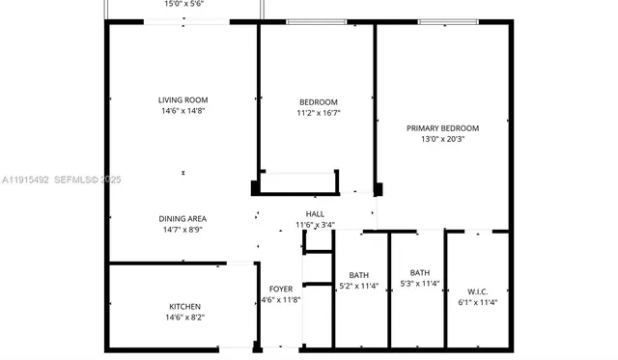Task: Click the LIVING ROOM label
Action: (x=183, y=99)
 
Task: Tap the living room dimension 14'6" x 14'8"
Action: (x=183, y=111)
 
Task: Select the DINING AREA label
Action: (x=183, y=218)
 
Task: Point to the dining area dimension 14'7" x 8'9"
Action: (x=183, y=230)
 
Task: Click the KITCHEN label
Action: (x=184, y=306)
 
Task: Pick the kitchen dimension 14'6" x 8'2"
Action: (x=184, y=318)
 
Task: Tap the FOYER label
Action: (x=280, y=289)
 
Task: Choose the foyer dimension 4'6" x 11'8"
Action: (x=280, y=300)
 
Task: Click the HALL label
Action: (x=315, y=214)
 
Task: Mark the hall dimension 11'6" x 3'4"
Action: (x=315, y=226)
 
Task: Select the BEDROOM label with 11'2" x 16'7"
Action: (x=318, y=102)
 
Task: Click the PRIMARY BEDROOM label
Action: (x=442, y=127)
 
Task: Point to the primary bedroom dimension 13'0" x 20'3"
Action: (x=442, y=139)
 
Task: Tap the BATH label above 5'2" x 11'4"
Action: (x=358, y=273)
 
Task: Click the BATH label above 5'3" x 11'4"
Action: (x=419, y=271)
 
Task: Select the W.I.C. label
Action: (x=477, y=291)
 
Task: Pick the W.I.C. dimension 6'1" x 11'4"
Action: (x=477, y=302)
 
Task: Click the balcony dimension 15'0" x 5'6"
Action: (x=183, y=5)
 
